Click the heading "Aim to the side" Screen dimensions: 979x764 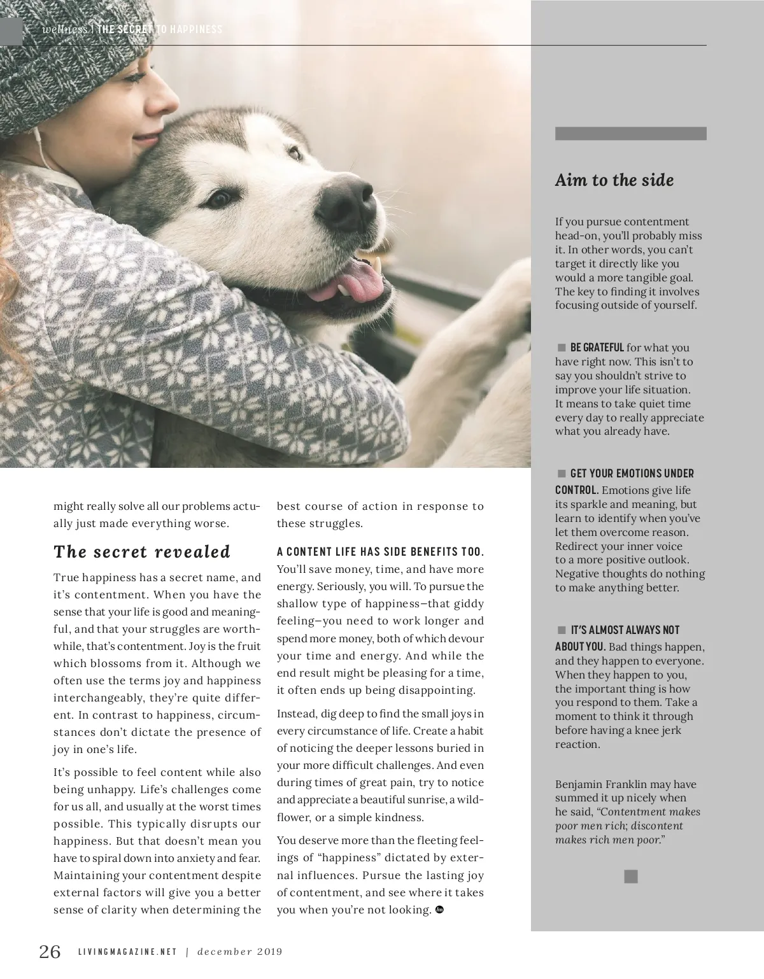click(614, 180)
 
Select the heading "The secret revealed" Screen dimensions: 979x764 click(142, 551)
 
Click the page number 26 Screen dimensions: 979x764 click(50, 951)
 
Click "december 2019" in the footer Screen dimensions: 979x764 click(239, 952)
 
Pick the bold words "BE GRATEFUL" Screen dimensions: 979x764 click(597, 348)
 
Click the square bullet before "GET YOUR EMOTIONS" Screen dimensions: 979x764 click(562, 473)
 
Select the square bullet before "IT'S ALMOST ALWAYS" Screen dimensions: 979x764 click(562, 630)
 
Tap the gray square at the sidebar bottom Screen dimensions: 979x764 click(630, 877)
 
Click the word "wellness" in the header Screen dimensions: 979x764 click(64, 29)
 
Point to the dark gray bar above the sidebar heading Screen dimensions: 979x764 click(630, 134)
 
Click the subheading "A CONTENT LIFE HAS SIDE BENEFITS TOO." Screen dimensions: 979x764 click(380, 551)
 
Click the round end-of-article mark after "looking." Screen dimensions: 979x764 click(439, 910)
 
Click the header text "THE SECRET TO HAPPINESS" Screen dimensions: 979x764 click(160, 29)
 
